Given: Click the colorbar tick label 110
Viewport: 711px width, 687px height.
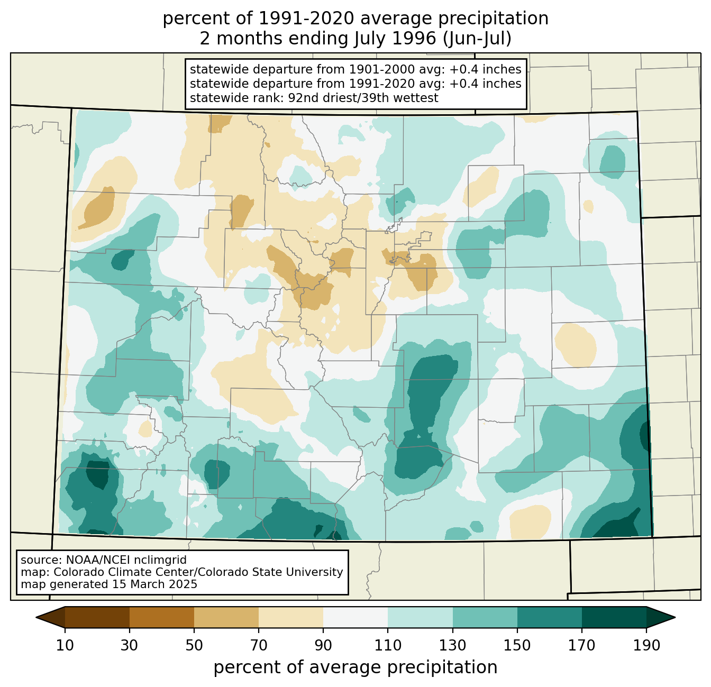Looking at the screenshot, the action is [388, 645].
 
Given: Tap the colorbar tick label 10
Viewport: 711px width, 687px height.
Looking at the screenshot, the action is [65, 645].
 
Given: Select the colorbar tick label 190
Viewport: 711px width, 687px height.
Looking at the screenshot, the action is [646, 645].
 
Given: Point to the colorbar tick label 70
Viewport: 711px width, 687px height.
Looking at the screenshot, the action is [259, 645].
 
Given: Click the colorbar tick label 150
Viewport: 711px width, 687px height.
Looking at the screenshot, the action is [517, 645].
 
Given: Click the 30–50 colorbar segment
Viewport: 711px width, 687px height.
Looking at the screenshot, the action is [161, 617].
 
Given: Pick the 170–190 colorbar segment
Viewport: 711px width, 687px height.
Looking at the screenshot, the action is [614, 617].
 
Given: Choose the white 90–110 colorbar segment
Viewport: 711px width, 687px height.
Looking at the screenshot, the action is [355, 617].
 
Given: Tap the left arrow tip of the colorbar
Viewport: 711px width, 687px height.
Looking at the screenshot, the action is [36, 617].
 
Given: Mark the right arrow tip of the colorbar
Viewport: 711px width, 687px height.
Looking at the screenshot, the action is [675, 617].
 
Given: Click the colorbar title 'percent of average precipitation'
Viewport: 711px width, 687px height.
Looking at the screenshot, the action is [355, 667].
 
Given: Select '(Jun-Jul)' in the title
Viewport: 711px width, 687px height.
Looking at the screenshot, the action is [477, 39].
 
